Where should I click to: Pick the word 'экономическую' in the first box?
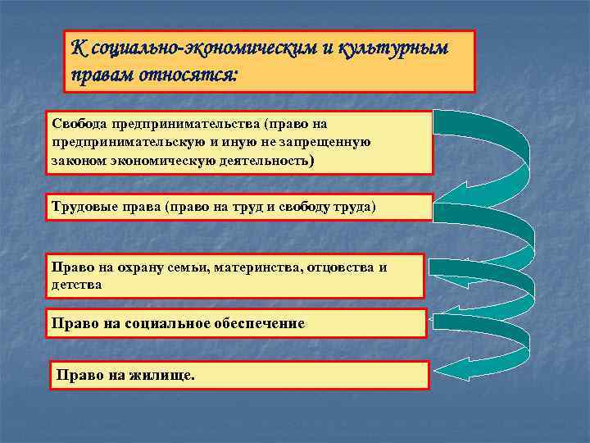[169, 159]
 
